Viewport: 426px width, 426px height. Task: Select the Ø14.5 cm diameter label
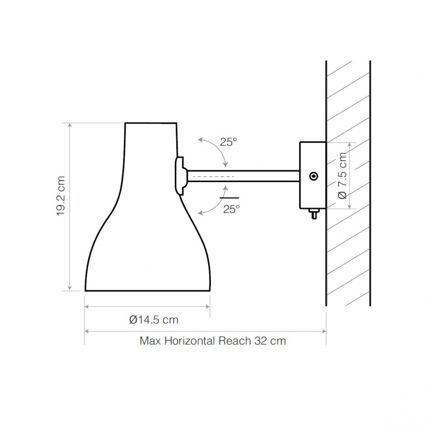tap(153, 319)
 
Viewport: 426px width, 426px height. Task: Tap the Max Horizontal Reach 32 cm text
tap(212, 341)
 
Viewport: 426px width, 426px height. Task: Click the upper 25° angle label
tap(228, 142)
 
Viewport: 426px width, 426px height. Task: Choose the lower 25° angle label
tap(232, 209)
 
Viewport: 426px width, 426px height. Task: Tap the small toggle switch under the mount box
tap(313, 214)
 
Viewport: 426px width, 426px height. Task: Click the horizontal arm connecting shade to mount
tap(242, 176)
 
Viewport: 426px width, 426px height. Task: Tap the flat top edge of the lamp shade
tap(151, 123)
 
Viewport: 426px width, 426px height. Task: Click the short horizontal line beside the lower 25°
tap(228, 198)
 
